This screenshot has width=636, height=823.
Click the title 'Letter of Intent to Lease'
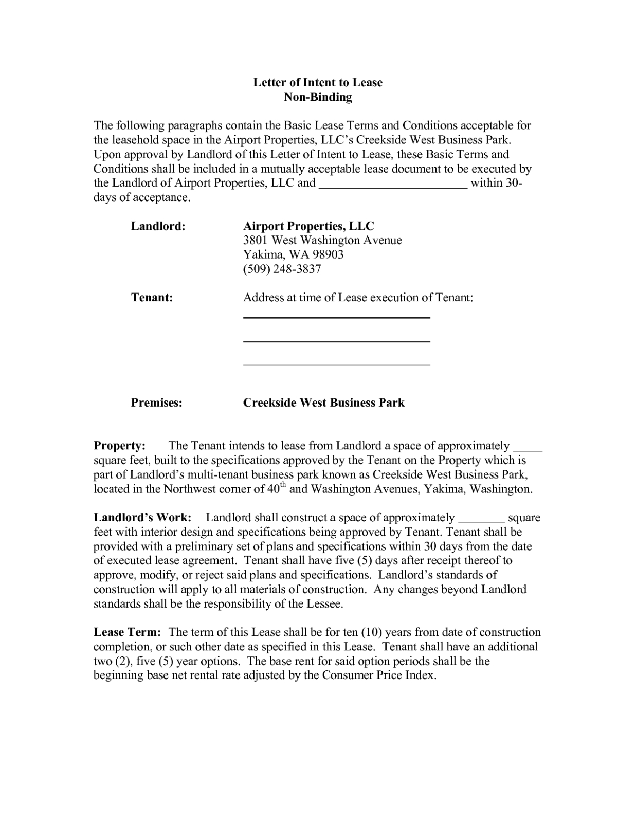click(317, 83)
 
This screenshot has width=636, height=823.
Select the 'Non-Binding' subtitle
click(318, 97)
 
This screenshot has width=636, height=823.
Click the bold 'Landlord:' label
click(158, 226)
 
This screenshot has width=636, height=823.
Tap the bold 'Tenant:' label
click(152, 298)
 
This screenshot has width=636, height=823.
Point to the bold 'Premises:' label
click(156, 403)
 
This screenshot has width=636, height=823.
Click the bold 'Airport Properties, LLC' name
click(308, 226)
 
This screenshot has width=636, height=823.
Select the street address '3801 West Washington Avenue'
click(322, 240)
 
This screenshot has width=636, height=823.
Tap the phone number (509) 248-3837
click(282, 269)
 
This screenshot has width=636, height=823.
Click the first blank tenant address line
click(336, 318)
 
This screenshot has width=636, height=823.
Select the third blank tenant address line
click(336, 364)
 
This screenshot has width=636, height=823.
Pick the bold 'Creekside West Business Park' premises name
click(323, 403)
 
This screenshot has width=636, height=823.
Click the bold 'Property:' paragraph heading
click(119, 446)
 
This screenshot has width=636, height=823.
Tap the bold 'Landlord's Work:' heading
click(142, 518)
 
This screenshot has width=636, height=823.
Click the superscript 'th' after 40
click(283, 486)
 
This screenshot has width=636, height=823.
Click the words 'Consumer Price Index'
click(378, 675)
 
